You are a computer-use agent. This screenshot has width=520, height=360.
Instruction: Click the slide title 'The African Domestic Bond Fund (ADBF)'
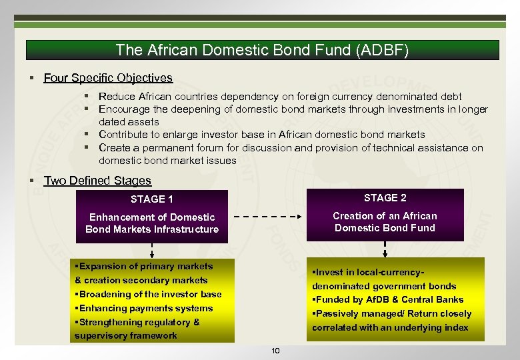tap(261, 50)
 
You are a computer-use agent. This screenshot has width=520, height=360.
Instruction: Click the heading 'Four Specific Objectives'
tap(108, 78)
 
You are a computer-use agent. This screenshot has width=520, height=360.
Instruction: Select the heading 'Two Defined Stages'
tap(97, 181)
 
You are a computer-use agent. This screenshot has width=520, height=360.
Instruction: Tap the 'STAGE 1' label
tap(152, 199)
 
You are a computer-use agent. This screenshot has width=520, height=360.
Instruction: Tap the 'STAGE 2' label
tap(385, 197)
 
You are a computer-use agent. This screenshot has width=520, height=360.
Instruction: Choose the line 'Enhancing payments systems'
tap(145, 308)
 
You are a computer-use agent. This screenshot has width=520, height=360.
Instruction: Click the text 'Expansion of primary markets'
tap(145, 266)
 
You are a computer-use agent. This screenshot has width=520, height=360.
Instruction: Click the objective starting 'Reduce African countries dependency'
tap(280, 97)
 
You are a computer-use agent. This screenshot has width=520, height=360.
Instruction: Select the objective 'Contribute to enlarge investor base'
tap(261, 135)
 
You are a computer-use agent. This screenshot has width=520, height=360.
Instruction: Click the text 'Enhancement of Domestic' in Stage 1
tap(152, 217)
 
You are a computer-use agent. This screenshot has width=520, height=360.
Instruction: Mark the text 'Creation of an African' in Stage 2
tap(385, 215)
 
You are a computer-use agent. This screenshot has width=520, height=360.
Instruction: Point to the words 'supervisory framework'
tap(126, 335)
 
